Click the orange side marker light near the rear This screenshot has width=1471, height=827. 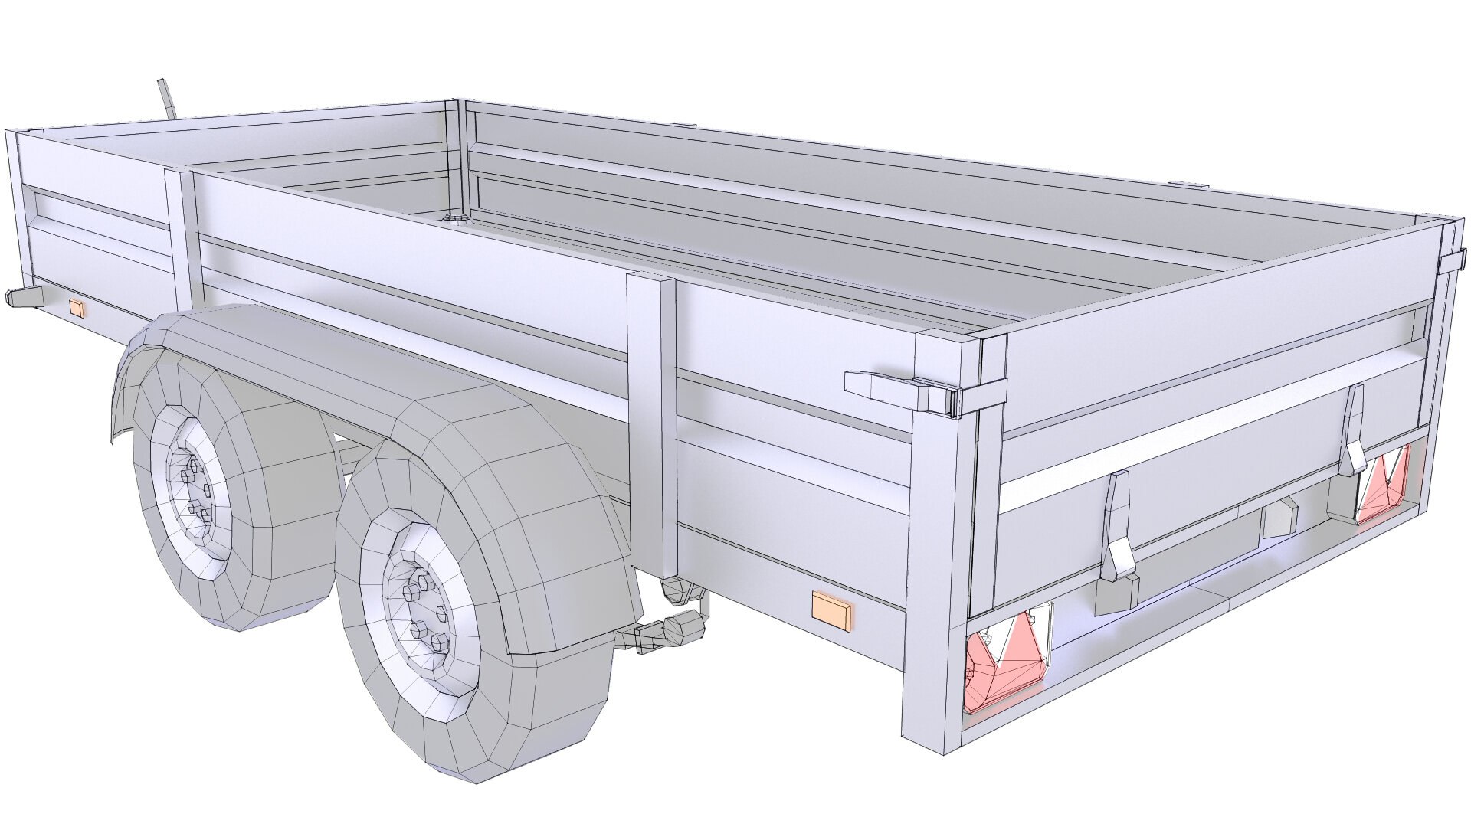click(831, 610)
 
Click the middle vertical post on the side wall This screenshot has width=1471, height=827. click(652, 421)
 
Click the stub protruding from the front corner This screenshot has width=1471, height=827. click(23, 297)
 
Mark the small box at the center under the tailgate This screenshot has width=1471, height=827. click(1278, 519)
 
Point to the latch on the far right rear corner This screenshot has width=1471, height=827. click(1451, 263)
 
